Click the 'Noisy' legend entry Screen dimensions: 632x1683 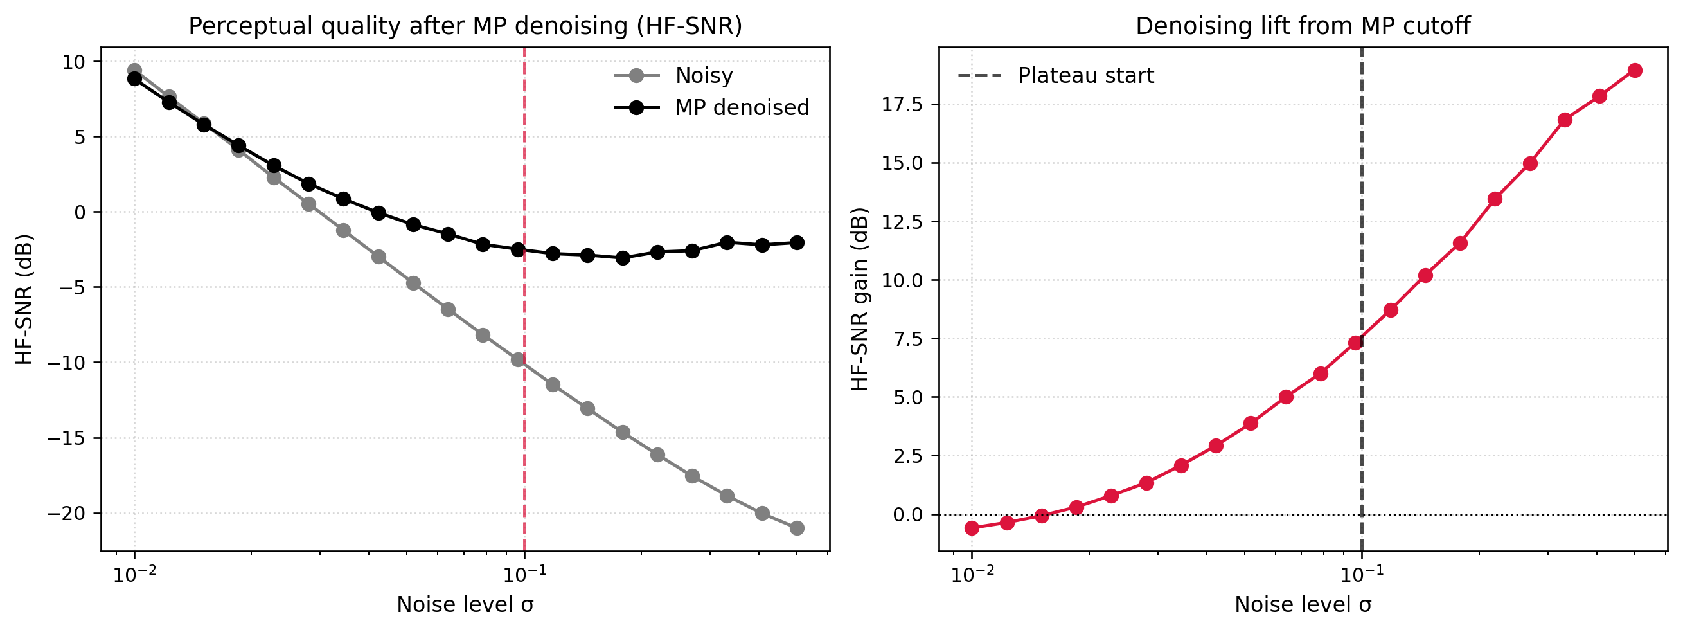[703, 76]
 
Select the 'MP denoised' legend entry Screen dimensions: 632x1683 [742, 108]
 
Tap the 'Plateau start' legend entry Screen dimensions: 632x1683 [1085, 76]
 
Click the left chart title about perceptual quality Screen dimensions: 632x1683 [465, 26]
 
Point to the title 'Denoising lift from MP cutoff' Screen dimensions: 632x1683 [1303, 26]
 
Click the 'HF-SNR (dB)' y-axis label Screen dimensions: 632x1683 [24, 299]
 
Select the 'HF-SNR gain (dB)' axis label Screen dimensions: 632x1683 [860, 299]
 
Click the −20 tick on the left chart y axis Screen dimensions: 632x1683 [66, 514]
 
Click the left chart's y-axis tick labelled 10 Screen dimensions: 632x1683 [73, 62]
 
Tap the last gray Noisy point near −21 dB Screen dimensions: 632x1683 [797, 528]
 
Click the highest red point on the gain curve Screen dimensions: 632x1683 [1635, 71]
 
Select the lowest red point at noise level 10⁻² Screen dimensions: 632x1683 [972, 528]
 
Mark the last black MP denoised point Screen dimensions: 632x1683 [797, 242]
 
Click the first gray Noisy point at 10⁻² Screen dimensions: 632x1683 [134, 70]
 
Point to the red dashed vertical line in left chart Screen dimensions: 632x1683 [524, 392]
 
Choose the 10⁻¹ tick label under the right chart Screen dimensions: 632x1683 [1362, 575]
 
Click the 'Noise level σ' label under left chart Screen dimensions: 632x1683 [465, 605]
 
